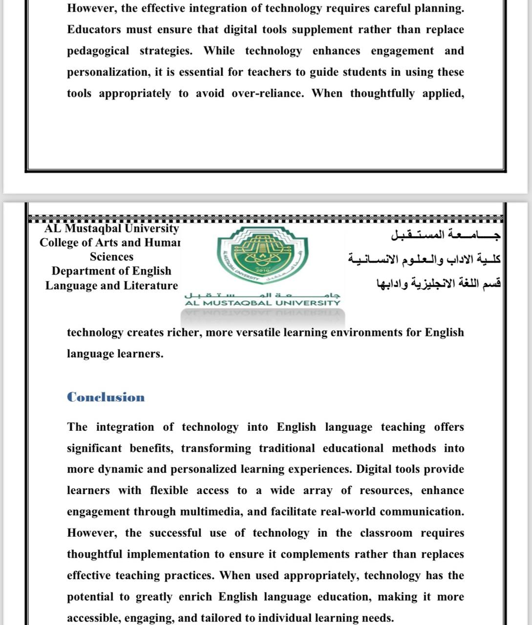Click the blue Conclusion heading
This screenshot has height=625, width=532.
click(106, 397)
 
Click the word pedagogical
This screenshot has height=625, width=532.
click(98, 51)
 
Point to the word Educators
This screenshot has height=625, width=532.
click(94, 30)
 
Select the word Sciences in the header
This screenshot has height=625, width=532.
click(111, 257)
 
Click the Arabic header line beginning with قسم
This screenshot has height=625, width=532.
click(438, 283)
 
